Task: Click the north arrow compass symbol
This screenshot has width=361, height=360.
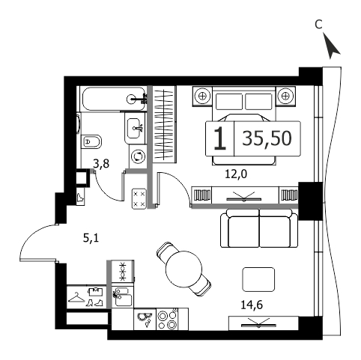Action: coord(331,46)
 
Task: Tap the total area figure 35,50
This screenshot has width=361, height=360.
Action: coord(267,138)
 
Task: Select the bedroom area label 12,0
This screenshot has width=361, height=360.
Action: coord(236,174)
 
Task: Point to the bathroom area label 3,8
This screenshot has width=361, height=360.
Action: coord(101,164)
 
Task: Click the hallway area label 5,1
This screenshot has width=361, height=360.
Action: coord(91,238)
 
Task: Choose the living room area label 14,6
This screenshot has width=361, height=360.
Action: coord(252,305)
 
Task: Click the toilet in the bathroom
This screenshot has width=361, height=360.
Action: coord(91,142)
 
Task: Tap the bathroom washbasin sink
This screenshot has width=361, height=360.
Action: coord(135,128)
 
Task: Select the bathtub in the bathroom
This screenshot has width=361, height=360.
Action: coord(114,99)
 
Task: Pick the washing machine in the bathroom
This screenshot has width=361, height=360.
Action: coord(138,156)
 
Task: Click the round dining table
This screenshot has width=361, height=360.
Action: coord(183,269)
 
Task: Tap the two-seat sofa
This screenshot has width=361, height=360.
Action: coord(259,228)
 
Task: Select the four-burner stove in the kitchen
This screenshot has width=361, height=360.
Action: coord(167,319)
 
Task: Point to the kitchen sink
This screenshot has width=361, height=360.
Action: coord(122,296)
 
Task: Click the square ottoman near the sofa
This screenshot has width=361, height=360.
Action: coord(258,279)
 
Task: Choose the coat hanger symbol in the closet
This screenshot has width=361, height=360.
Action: coord(76,297)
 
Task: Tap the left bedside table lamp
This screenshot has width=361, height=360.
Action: coord(202,96)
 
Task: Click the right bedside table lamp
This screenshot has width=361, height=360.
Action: coord(285,96)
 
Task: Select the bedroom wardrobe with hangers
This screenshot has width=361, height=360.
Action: coord(164,124)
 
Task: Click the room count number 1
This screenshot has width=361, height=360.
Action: coord(219,138)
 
